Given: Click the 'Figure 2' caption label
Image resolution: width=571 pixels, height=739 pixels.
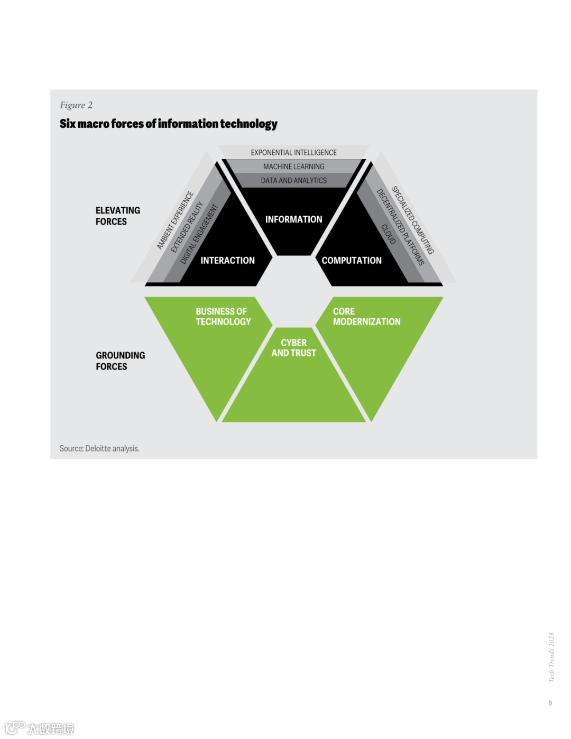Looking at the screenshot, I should [76, 105].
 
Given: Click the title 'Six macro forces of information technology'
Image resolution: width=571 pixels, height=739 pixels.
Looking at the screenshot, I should [168, 124].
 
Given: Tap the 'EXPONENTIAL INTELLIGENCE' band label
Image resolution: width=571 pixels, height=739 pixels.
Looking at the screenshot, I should [293, 152].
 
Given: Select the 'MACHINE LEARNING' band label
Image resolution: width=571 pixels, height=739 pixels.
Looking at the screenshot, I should [293, 167].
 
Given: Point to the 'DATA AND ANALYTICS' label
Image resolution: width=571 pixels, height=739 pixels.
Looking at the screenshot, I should [293, 180].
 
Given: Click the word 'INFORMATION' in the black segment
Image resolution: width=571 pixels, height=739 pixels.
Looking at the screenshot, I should [293, 219].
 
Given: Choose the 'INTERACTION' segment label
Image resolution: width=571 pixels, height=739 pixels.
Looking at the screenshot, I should [227, 261].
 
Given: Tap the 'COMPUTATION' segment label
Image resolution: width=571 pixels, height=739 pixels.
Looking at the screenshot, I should [352, 261].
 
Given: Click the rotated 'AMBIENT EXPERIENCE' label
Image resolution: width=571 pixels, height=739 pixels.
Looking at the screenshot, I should [175, 220].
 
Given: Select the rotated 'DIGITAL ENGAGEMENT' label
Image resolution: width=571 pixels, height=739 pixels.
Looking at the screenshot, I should [199, 234].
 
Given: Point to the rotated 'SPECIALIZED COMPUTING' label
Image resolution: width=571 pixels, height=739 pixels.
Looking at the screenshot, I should [412, 220].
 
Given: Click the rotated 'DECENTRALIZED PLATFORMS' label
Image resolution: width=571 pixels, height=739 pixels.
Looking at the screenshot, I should [400, 226].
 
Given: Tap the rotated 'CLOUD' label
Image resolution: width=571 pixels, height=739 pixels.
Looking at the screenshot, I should [389, 234].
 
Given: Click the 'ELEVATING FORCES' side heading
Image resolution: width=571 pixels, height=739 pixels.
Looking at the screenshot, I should [117, 216].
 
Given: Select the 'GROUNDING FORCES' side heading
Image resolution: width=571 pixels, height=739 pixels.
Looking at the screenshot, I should [120, 361].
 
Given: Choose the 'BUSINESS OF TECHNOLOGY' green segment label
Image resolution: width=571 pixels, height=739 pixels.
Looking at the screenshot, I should [223, 317].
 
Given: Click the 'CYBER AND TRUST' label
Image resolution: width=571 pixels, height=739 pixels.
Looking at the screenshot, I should [293, 348].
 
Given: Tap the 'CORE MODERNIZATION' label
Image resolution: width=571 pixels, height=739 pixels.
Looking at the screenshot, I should [366, 317].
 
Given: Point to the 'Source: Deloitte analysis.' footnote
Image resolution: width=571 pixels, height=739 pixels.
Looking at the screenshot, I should [99, 448].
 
